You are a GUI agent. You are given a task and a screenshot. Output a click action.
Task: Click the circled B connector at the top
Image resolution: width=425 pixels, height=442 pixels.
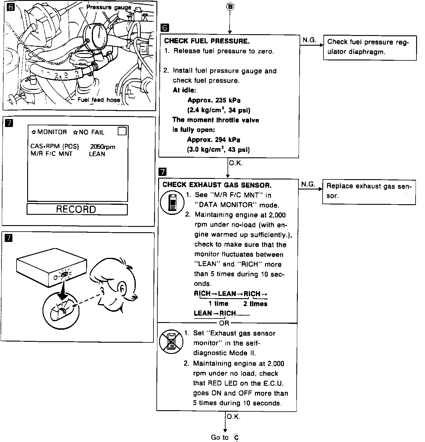[x=230, y=6]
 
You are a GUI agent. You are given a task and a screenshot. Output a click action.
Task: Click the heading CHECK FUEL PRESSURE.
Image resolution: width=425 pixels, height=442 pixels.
[x=207, y=41]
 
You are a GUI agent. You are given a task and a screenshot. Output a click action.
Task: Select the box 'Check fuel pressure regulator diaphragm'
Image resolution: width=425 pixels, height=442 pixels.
[x=370, y=47]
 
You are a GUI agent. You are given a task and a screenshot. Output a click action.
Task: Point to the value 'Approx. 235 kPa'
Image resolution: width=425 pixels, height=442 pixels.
[x=214, y=100]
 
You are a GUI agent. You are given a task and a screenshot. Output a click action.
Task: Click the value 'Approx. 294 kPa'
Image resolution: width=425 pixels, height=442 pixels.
[x=214, y=140]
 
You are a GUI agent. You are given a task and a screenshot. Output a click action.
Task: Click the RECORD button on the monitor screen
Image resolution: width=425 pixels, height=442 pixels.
[x=77, y=209]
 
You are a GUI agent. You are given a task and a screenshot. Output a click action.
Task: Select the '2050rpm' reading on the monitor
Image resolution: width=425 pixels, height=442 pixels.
[x=102, y=147]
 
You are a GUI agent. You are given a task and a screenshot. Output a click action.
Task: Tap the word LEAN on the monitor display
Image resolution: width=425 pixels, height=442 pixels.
[x=97, y=154]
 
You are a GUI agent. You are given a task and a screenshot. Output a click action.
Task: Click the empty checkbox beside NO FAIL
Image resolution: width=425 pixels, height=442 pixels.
[x=122, y=131]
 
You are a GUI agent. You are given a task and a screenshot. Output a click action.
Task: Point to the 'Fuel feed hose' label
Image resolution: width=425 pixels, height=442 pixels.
[x=99, y=100]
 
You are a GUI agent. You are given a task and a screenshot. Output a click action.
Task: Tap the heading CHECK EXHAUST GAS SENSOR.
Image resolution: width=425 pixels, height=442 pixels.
[x=217, y=185]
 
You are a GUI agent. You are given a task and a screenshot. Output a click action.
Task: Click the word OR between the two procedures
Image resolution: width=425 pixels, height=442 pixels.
[x=224, y=323]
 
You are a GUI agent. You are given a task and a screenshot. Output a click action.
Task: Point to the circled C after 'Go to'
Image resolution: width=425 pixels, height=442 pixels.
[x=236, y=438]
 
